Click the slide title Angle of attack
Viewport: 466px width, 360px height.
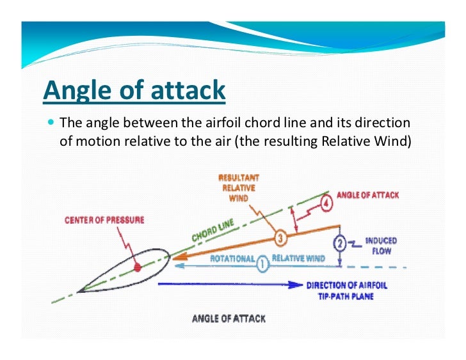click(x=134, y=91)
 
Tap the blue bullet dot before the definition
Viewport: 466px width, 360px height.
click(x=51, y=122)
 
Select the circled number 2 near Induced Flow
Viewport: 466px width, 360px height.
click(x=341, y=244)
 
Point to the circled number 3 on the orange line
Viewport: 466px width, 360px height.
click(x=280, y=239)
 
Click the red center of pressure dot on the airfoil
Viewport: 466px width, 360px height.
click(x=136, y=265)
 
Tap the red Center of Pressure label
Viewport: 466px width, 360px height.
click(x=104, y=220)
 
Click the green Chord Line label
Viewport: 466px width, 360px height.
click(x=213, y=231)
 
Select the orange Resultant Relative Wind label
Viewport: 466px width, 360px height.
click(x=238, y=188)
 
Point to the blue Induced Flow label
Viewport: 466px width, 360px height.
click(x=381, y=246)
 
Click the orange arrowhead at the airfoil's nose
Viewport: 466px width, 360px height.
click(x=177, y=258)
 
